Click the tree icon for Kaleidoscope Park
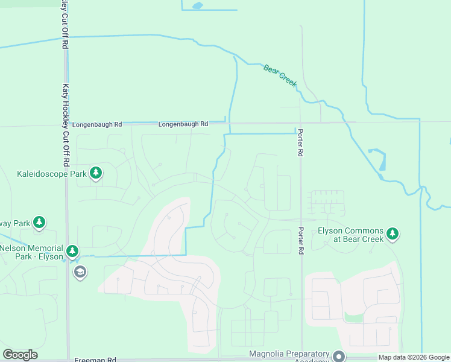pyautogui.click(x=95, y=174)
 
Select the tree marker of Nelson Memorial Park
pyautogui.click(x=72, y=250)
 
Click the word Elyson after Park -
pyautogui.click(x=51, y=256)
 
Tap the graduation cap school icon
pyautogui.click(x=79, y=272)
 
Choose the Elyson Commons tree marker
pyautogui.click(x=393, y=233)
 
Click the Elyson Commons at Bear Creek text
pyautogui.click(x=350, y=235)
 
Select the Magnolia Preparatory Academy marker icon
pyautogui.click(x=338, y=356)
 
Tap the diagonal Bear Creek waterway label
pyautogui.click(x=280, y=76)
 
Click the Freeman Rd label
pyautogui.click(x=95, y=360)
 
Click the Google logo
pyautogui.click(x=20, y=355)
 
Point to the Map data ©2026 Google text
pyautogui.click(x=413, y=357)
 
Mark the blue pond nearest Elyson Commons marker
pyautogui.click(x=382, y=160)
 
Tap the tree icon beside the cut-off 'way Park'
pyautogui.click(x=39, y=223)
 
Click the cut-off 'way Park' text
pyautogui.click(x=14, y=223)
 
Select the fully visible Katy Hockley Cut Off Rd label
pyautogui.click(x=65, y=125)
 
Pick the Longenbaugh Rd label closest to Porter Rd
pyautogui.click(x=183, y=124)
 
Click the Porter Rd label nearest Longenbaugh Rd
pyautogui.click(x=299, y=144)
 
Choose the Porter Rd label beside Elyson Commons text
pyautogui.click(x=300, y=240)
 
